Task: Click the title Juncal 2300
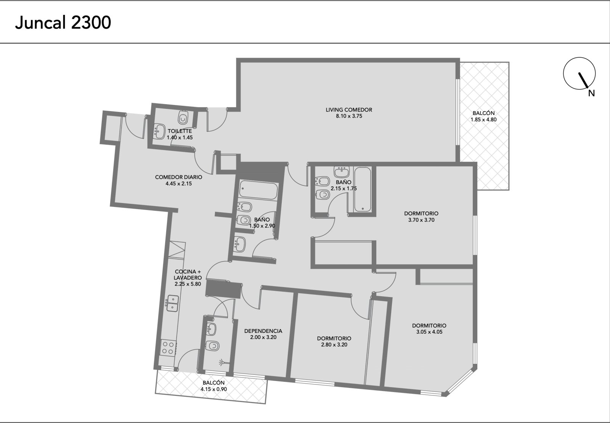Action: coord(63,23)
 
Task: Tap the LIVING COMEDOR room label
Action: coord(349,110)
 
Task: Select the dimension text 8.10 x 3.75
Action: coord(349,116)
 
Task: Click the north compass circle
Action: coord(579,73)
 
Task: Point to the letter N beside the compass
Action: coord(591,93)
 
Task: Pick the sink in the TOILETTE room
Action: coord(159,131)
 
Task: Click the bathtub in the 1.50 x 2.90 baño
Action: coord(258,190)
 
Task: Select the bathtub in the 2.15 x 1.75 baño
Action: coord(363,189)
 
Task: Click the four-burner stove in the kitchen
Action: coord(168,347)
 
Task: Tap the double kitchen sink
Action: coord(172,303)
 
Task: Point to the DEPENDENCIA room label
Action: coord(263,331)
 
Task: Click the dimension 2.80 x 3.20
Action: coord(334,344)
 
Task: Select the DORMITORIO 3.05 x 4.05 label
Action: coord(429,329)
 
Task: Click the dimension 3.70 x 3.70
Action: coord(421,220)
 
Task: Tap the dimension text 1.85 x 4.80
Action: coord(484,119)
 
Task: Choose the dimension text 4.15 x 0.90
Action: coord(214,389)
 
